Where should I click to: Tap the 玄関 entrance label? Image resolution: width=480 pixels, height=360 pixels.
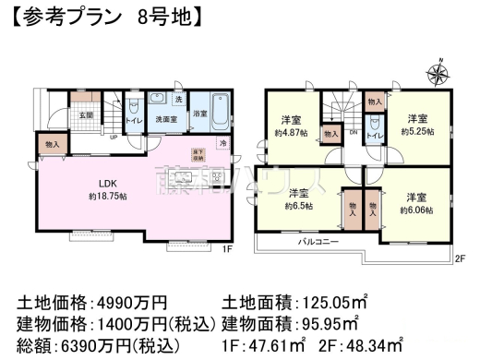click(x=85, y=115)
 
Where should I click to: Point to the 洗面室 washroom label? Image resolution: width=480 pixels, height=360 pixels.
click(x=166, y=120)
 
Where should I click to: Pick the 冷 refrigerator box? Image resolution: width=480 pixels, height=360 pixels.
click(x=222, y=143)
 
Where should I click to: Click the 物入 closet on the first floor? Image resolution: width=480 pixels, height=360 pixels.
click(x=52, y=144)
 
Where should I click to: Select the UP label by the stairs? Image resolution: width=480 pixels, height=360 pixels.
click(x=114, y=138)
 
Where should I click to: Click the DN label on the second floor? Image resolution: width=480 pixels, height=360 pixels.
click(x=354, y=131)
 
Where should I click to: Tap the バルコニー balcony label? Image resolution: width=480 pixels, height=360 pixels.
click(x=316, y=241)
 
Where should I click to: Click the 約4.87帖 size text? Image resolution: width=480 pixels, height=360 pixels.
click(x=291, y=132)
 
